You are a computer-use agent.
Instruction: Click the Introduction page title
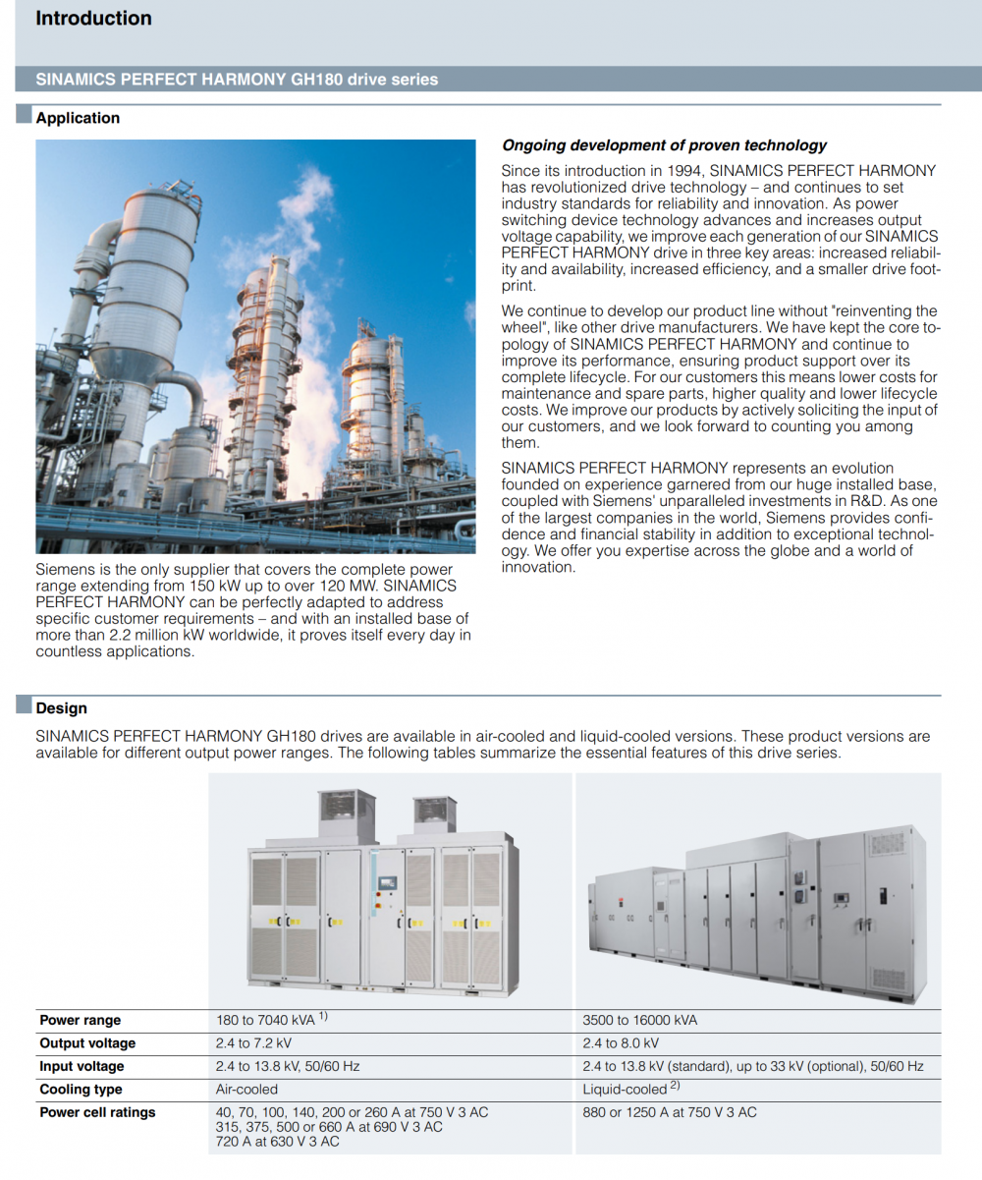coord(93,19)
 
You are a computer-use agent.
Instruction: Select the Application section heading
coord(78,118)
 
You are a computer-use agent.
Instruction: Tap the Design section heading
coord(61,707)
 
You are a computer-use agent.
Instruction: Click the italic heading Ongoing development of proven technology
coord(664,145)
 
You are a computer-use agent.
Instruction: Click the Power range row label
coord(81,1020)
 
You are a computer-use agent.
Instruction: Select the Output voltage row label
coord(87,1043)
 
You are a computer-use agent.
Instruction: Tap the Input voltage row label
coord(82,1066)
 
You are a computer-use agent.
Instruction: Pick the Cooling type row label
coord(81,1090)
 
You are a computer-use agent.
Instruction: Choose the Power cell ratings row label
coord(97,1112)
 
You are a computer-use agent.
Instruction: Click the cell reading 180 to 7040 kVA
coord(265,1020)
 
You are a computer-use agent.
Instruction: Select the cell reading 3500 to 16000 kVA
coord(639,1020)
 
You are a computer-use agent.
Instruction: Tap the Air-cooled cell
coord(246,1090)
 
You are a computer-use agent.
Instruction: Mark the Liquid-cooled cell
coord(625,1090)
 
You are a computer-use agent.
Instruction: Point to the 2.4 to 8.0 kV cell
coord(621,1043)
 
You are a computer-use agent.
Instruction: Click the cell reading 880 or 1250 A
coord(670,1112)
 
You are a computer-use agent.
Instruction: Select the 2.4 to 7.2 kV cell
coord(253,1043)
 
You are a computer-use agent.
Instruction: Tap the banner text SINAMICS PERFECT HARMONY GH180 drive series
coord(237,80)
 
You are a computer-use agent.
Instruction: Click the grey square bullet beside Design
coord(24,706)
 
